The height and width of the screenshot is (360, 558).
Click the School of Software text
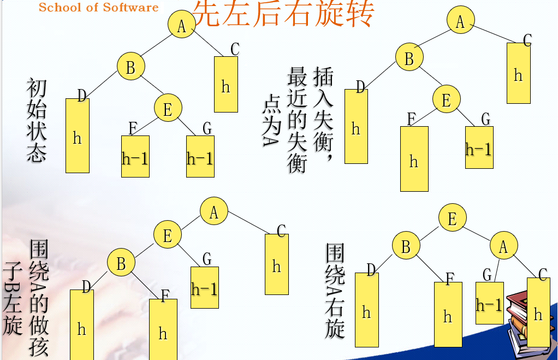[x=99, y=8]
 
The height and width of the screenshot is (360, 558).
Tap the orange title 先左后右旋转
[x=283, y=13]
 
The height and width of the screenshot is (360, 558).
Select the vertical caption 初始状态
[x=36, y=120]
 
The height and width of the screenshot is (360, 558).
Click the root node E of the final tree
[x=452, y=217]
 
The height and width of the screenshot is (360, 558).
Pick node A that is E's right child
[x=503, y=246]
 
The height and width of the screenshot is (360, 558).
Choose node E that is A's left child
[x=168, y=234]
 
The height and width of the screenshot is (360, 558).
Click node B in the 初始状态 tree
[x=131, y=66]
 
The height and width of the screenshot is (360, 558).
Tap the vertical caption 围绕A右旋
[x=335, y=291]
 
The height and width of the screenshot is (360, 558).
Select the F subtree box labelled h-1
[x=135, y=156]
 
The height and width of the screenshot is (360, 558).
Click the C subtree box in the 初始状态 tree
[x=226, y=84]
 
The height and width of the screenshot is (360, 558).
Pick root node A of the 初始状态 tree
[x=182, y=24]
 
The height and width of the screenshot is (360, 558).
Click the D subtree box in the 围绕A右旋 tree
[x=367, y=310]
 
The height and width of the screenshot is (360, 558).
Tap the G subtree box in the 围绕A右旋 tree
[x=490, y=303]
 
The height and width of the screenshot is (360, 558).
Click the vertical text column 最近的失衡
[x=297, y=120]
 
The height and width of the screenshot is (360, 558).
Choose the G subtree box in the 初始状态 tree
[x=200, y=156]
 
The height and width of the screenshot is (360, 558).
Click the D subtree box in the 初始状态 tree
[x=78, y=135]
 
